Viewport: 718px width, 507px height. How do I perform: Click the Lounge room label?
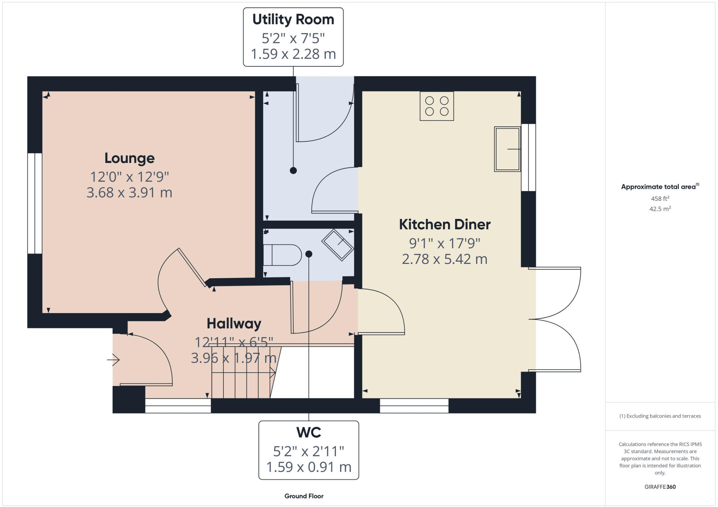129,158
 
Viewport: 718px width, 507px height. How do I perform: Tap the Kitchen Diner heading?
445,225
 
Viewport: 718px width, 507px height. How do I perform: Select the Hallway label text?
234,323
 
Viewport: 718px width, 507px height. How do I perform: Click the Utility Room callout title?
293,20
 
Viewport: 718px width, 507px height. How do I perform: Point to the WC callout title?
309,433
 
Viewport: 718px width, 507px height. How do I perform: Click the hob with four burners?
436,106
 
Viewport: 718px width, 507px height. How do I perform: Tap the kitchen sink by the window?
507,149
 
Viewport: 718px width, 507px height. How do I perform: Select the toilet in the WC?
282,255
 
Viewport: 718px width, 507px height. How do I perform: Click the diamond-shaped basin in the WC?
338,245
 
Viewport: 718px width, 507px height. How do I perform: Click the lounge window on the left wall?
35,203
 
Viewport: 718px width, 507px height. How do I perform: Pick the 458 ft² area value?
660,199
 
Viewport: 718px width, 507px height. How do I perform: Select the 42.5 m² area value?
660,209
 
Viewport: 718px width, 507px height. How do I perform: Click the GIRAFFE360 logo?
660,487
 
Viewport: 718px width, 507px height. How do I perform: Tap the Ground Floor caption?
304,496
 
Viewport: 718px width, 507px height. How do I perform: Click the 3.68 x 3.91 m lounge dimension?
129,193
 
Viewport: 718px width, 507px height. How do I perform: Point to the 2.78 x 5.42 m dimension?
445,259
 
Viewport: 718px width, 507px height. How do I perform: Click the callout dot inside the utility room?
293,171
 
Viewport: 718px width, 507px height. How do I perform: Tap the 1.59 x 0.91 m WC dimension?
309,467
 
